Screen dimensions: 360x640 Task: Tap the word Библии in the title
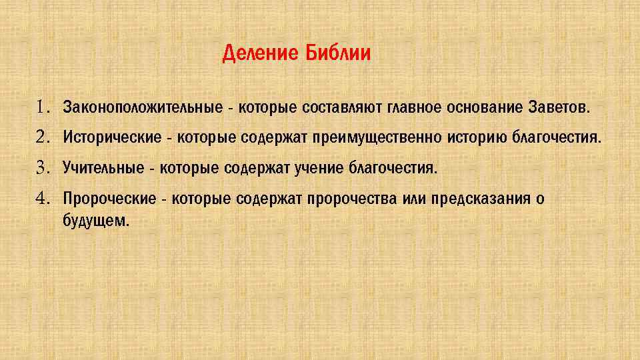(338, 53)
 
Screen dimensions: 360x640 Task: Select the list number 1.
(43, 107)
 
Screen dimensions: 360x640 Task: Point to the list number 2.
(43, 137)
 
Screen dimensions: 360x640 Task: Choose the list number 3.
(43, 167)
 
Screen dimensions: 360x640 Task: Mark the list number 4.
(43, 198)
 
